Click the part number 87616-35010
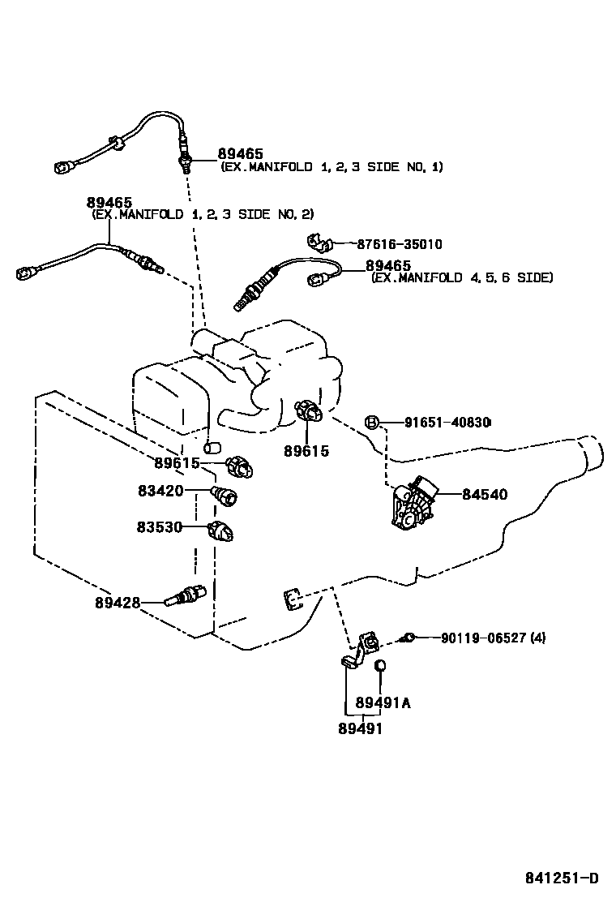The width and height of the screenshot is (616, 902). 400,244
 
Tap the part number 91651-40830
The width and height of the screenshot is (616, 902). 447,422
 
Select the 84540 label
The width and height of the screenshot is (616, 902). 485,494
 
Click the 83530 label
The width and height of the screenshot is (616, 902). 160,527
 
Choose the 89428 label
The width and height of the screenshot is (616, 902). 118,603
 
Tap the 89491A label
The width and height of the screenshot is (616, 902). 383,703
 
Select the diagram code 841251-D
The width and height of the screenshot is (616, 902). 560,878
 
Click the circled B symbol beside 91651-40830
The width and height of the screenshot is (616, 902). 371,422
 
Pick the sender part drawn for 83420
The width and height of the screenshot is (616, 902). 223,494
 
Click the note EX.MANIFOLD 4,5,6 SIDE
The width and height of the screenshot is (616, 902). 462,277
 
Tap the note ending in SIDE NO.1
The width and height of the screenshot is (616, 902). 332,166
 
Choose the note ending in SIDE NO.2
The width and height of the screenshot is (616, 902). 202,214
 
